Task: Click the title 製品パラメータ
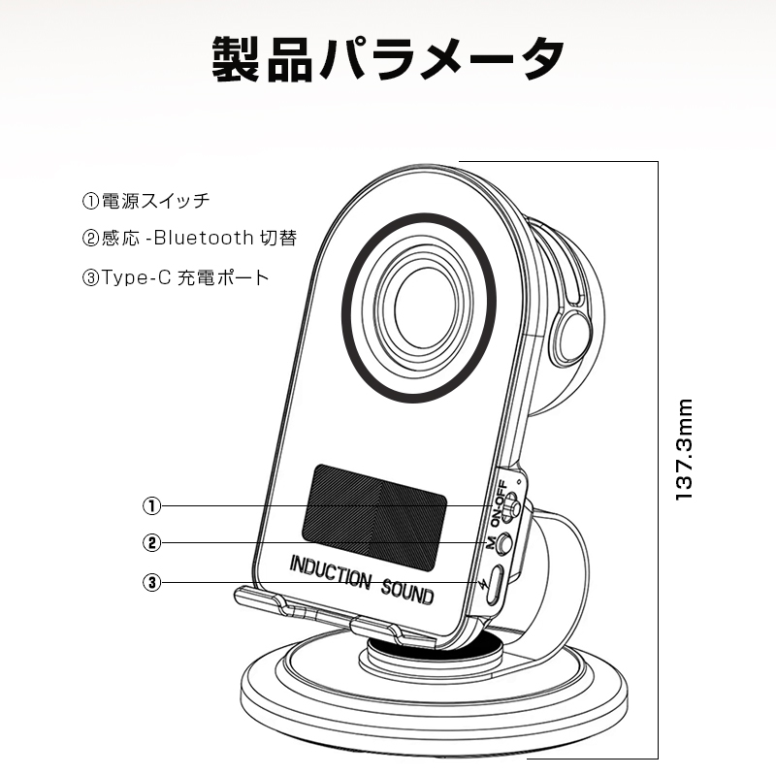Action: (388, 60)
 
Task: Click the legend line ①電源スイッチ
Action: (145, 202)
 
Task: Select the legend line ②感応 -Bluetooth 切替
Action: (189, 238)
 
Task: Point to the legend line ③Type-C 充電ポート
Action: (175, 276)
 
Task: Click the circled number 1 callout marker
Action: (151, 505)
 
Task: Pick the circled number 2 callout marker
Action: (151, 543)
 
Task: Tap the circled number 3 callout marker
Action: (151, 582)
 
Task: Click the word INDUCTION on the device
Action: (330, 573)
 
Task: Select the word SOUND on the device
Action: (406, 589)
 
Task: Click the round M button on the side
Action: (503, 543)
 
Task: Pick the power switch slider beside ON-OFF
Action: (515, 506)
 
